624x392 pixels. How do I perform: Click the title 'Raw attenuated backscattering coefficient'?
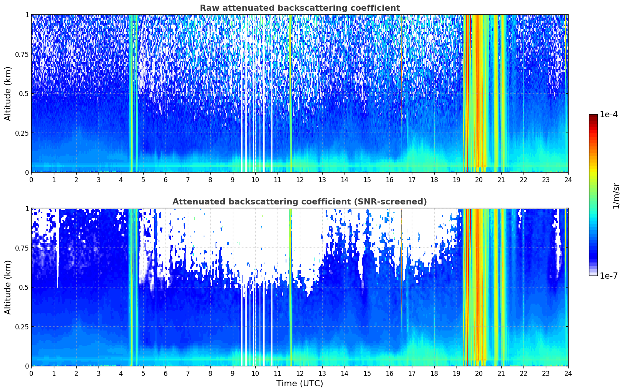300,8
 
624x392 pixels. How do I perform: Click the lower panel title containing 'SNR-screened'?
300,201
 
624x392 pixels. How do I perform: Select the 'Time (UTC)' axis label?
300,384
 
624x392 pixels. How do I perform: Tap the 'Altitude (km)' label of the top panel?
8,93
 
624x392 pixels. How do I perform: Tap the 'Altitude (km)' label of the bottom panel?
8,287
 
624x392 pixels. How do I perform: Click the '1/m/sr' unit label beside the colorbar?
616,196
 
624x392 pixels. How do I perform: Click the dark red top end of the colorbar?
593,115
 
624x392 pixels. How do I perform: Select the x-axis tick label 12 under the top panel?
300,179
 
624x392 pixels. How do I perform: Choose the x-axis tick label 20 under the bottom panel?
479,374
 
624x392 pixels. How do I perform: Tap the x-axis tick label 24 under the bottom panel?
568,374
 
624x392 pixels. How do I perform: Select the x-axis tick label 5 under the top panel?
143,179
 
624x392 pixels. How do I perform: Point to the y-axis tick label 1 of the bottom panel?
27,209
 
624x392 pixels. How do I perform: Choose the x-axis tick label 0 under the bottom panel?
31,374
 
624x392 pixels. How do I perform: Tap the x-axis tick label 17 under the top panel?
412,179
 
